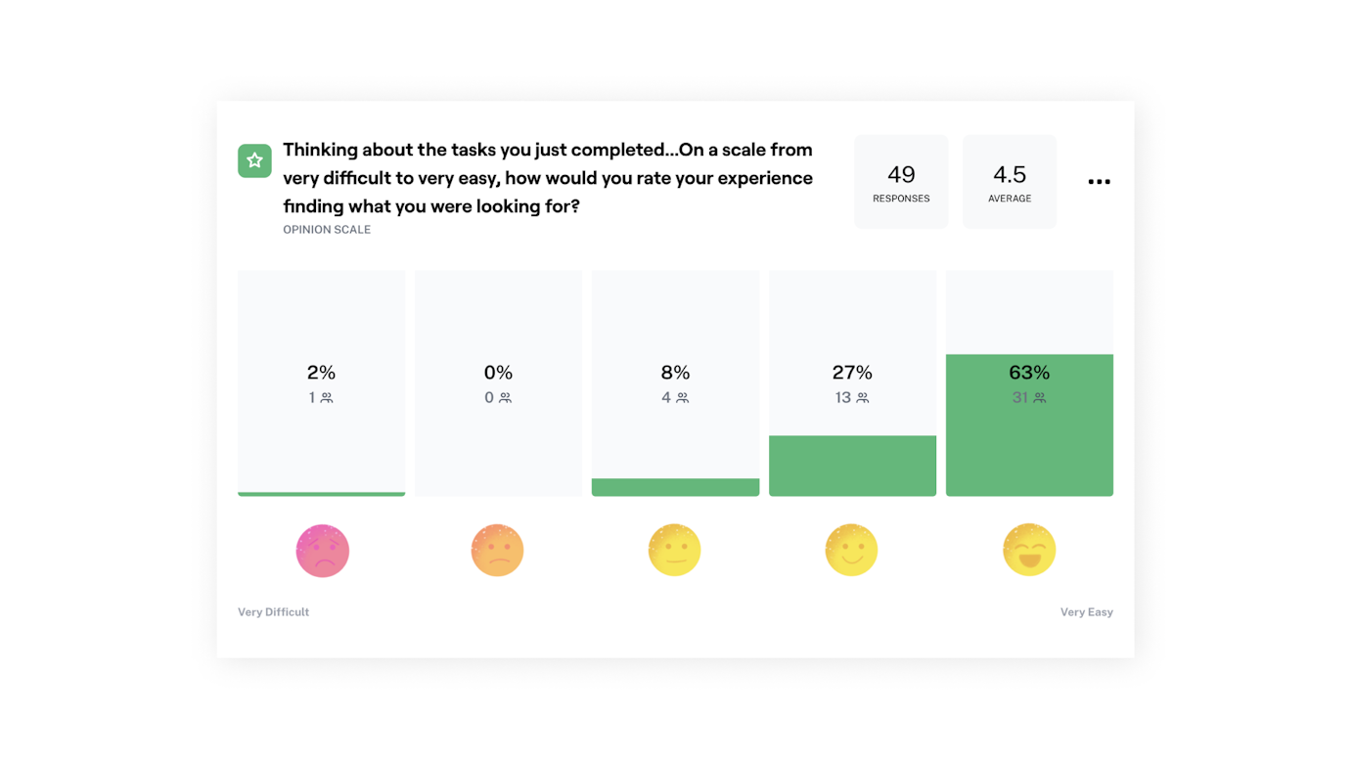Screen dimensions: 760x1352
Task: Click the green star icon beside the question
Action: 254,160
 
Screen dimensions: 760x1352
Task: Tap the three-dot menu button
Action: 1099,182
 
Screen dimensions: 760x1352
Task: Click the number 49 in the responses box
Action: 901,174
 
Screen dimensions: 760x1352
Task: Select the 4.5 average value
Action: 1010,174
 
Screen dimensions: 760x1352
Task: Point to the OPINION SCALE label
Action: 327,230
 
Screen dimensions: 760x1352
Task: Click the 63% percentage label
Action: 1029,373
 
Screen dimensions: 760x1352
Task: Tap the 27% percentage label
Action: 852,373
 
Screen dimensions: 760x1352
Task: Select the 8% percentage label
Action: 675,373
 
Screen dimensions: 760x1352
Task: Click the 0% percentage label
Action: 498,373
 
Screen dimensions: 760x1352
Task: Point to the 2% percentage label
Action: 321,373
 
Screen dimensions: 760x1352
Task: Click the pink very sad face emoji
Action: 322,551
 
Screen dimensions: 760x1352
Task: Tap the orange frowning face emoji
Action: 497,550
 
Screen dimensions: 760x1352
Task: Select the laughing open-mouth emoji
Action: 1029,550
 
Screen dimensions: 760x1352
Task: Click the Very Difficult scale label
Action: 273,612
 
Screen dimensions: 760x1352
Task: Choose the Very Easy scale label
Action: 1086,612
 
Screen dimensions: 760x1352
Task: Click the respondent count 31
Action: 1020,398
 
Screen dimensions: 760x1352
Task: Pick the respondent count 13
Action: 843,398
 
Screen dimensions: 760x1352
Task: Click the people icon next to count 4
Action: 682,398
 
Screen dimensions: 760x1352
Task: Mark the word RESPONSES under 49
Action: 901,199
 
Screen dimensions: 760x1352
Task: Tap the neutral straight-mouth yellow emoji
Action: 674,550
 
